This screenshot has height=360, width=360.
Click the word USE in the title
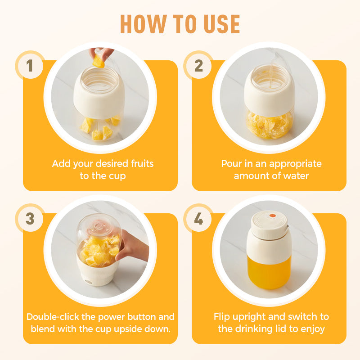click(x=222, y=24)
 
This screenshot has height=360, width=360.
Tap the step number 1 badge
click(x=30, y=65)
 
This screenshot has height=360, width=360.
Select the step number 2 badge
click(x=198, y=65)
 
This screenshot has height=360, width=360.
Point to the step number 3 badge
click(x=30, y=218)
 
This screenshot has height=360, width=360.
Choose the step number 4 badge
click(x=198, y=218)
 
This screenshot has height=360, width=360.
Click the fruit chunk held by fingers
click(x=99, y=61)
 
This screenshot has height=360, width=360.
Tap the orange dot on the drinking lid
click(x=272, y=216)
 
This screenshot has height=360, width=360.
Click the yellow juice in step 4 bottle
click(x=269, y=272)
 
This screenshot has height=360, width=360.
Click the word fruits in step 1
click(x=142, y=164)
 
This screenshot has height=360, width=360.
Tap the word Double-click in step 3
click(x=53, y=317)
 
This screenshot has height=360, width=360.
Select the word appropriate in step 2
click(x=295, y=164)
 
